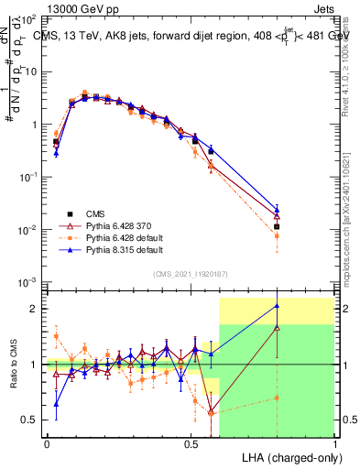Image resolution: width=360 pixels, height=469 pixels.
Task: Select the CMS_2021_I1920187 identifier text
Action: [x=190, y=273]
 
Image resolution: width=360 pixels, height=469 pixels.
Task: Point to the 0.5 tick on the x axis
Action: [x=191, y=443]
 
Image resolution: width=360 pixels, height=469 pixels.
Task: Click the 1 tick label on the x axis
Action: [x=334, y=443]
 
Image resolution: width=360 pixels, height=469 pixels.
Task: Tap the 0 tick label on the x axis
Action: [x=47, y=443]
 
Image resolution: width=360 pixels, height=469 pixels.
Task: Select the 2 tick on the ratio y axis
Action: [x=35, y=309]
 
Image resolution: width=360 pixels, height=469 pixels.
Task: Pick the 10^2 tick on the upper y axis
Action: [x=29, y=18]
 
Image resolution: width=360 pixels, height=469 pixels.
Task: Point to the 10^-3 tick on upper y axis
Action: [x=29, y=281]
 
